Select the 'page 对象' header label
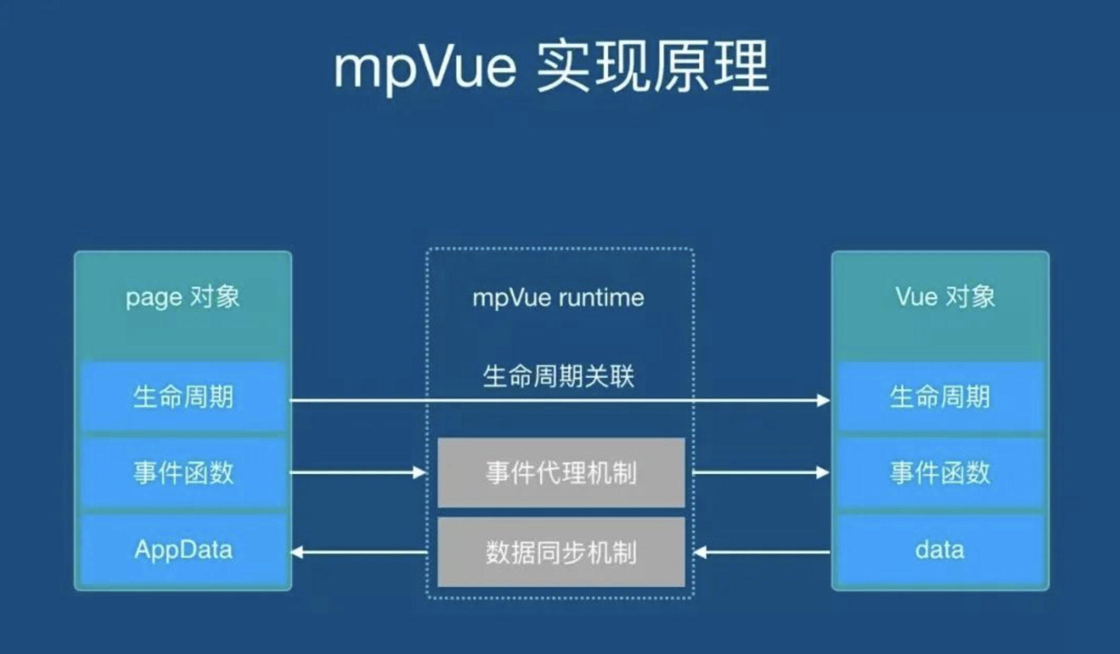click(x=183, y=297)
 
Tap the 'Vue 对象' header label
click(x=945, y=297)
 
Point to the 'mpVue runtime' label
click(x=558, y=298)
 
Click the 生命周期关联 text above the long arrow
click(x=558, y=376)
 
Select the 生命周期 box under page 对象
click(x=183, y=397)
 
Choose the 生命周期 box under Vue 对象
click(x=940, y=397)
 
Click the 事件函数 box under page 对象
click(x=183, y=473)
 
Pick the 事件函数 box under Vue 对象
click(x=940, y=473)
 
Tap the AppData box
click(x=183, y=550)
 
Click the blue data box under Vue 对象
click(x=940, y=550)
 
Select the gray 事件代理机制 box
click(x=561, y=473)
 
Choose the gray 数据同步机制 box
click(x=561, y=552)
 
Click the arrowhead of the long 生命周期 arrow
click(x=823, y=401)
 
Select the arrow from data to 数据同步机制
click(x=761, y=552)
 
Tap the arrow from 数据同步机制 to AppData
click(x=359, y=552)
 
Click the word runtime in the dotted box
click(x=601, y=298)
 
